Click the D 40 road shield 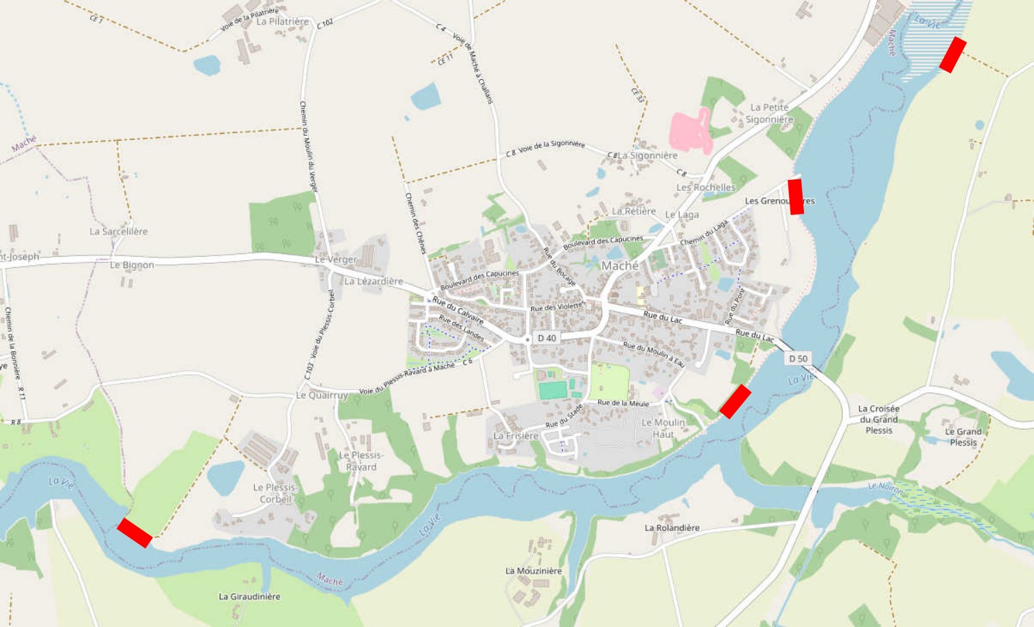coord(547,338)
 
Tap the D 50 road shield coord(798,358)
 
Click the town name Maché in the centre coord(620,266)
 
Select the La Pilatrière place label coord(282,21)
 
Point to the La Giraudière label coord(249,597)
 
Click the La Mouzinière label coord(533,571)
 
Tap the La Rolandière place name coord(672,527)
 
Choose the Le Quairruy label coord(322,395)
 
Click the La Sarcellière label coord(119,231)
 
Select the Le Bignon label coord(132,264)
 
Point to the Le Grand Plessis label coord(963,437)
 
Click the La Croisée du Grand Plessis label coord(879,419)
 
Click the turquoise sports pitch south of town coord(553,390)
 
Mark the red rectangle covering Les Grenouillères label coord(796,196)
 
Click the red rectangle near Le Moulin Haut coord(735,401)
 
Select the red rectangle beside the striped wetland coord(953,55)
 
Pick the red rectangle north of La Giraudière coord(135,533)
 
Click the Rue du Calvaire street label coord(458,310)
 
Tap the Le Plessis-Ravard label coord(361,461)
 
